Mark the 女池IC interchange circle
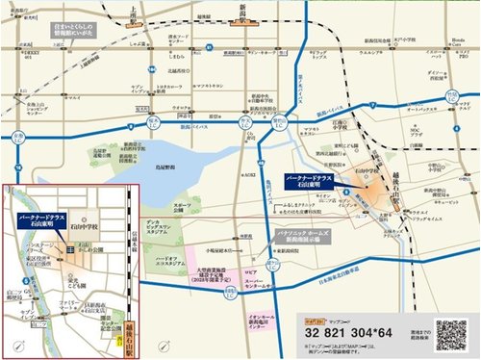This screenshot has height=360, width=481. pos(155,123)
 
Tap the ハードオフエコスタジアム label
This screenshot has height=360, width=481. pos(157,262)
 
